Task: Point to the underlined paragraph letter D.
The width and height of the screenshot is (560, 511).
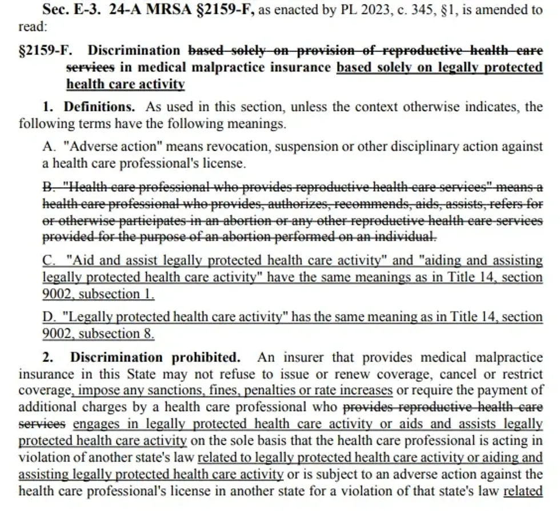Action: pyautogui.click(x=49, y=317)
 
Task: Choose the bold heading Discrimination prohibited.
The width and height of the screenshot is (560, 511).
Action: pyautogui.click(x=155, y=358)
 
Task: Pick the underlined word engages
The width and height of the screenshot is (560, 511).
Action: pyautogui.click(x=95, y=424)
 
